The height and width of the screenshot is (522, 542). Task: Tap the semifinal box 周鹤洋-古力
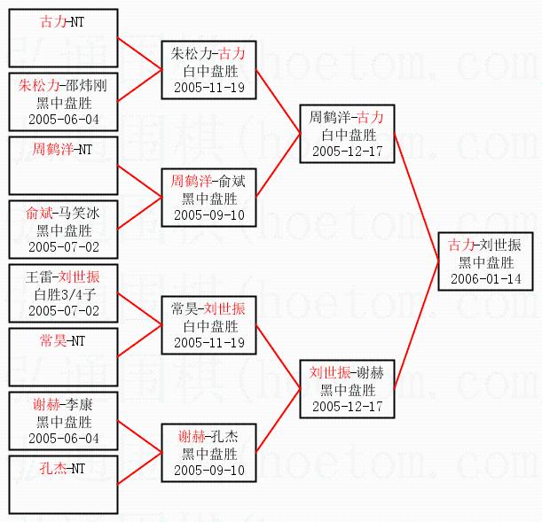[x=346, y=134]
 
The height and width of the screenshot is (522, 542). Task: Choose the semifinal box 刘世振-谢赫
[x=346, y=389]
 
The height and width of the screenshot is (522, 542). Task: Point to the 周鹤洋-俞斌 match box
[x=208, y=198]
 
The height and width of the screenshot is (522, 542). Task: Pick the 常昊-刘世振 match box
[x=208, y=325]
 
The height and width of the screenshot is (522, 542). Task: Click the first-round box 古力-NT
[x=63, y=36]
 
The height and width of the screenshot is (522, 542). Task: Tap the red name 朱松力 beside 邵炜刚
[x=38, y=85]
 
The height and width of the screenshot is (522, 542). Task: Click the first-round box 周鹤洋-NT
[x=63, y=166]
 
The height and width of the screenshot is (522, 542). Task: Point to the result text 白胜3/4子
[x=64, y=294]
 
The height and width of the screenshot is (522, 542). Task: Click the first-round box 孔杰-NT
[x=63, y=484]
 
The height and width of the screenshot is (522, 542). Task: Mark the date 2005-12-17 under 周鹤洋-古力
[x=346, y=152]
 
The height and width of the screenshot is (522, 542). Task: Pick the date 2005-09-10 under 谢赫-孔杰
[x=208, y=471]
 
